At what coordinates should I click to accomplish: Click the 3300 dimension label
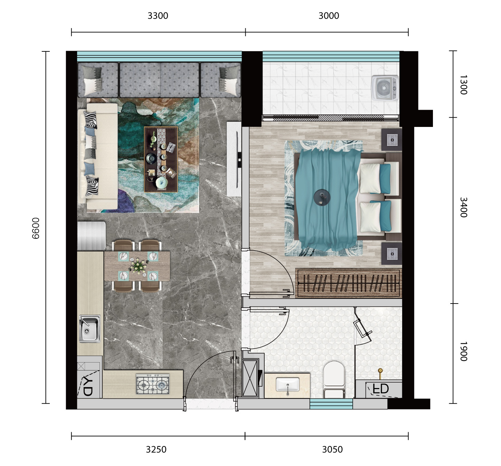click(158, 16)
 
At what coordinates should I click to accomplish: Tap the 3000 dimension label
click(329, 16)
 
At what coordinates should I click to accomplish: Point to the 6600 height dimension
click(36, 228)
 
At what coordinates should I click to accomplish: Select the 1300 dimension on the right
click(463, 85)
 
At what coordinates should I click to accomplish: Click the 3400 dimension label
click(463, 207)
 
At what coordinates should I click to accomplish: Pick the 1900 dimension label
click(463, 351)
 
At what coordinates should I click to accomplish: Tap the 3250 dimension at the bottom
click(156, 449)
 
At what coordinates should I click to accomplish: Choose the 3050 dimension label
click(332, 449)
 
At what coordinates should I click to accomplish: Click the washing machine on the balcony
click(385, 88)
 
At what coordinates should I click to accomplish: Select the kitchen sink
click(89, 328)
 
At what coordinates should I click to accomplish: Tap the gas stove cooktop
click(153, 384)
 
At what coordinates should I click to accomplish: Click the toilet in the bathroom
click(334, 380)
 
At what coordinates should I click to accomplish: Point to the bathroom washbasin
click(287, 385)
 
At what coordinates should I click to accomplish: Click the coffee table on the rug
click(161, 159)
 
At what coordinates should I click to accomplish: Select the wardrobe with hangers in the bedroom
click(348, 283)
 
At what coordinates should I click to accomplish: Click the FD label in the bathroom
click(381, 389)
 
